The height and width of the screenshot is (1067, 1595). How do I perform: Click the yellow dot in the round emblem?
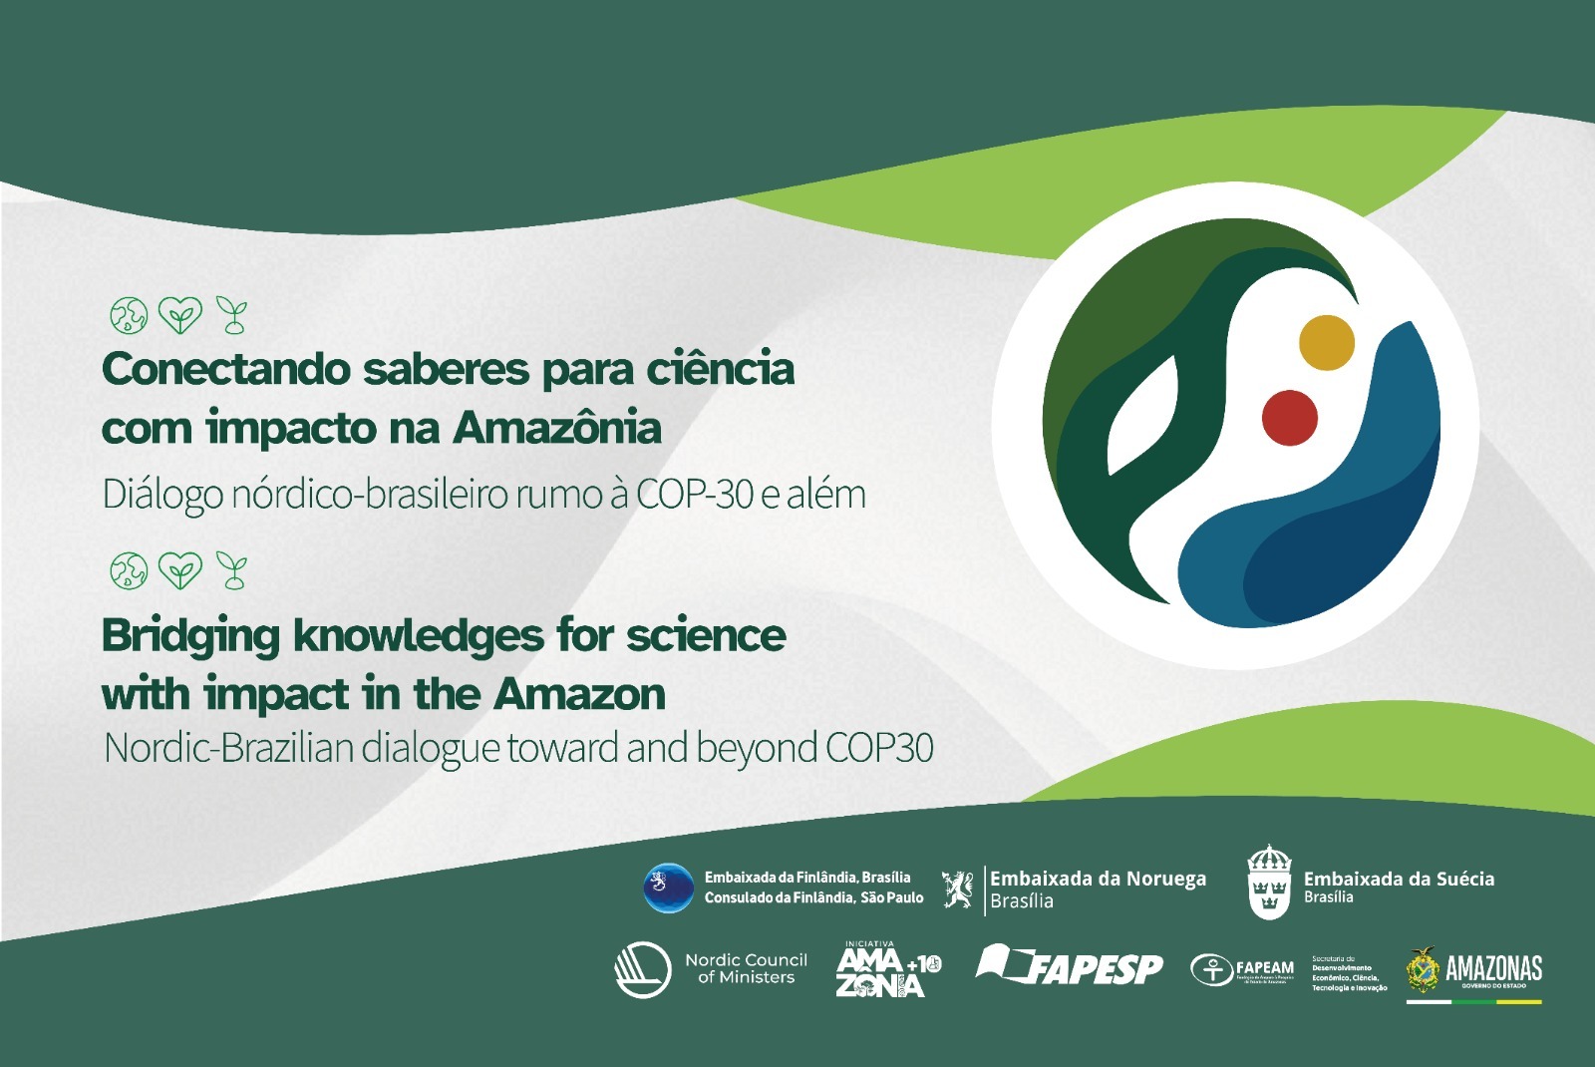pos(1326,342)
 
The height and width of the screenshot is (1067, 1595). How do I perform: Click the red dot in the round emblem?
pos(1290,418)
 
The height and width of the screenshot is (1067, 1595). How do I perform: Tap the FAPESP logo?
pos(1070,965)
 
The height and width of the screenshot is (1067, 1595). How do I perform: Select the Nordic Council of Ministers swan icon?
pos(642,969)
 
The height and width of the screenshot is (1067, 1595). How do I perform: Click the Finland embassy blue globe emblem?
pos(668,888)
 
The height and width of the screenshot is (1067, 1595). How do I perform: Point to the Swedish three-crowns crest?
pos(1269,882)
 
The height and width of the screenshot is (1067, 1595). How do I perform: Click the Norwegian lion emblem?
pos(958,889)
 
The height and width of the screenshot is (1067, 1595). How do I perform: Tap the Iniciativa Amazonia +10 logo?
pos(886,969)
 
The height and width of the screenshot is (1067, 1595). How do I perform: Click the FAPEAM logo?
pos(1242,969)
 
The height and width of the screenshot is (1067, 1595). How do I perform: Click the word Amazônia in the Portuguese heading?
pos(557,429)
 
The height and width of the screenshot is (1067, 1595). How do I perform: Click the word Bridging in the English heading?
pos(190,636)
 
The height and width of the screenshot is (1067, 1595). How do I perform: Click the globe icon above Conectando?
pos(129,316)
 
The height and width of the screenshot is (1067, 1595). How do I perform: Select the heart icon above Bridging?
pos(180,570)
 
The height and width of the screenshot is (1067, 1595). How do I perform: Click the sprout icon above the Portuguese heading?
pos(233,315)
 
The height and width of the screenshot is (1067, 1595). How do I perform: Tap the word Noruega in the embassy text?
pos(1166,879)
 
